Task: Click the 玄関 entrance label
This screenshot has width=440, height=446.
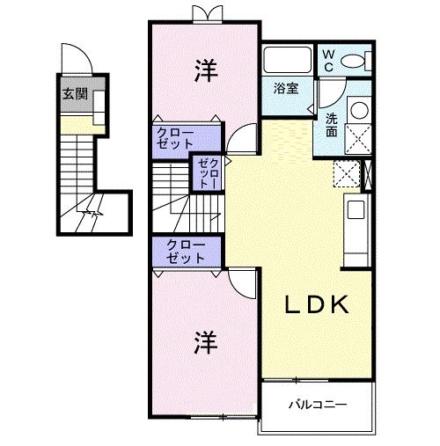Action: [74, 94]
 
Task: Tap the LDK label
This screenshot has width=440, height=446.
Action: [319, 305]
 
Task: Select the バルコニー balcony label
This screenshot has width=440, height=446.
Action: [318, 406]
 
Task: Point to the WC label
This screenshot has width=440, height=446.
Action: [327, 59]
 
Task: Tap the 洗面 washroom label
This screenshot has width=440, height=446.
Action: [331, 126]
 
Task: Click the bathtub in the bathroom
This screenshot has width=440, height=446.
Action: [286, 61]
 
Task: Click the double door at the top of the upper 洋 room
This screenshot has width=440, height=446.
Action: [203, 14]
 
